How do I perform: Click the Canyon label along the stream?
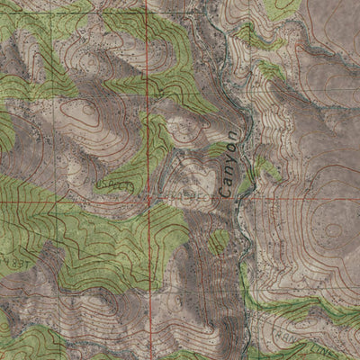point(229,160)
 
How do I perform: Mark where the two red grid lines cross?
point(149,201)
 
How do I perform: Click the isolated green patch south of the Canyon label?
point(219,241)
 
